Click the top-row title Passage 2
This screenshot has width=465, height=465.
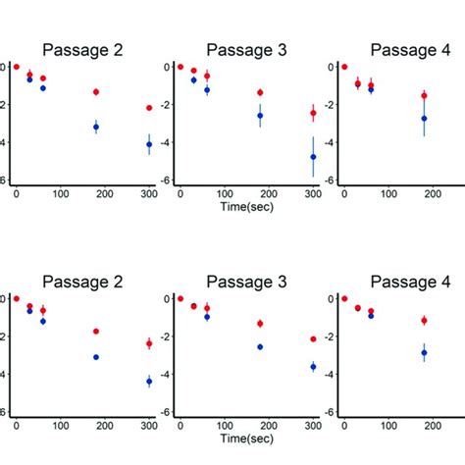point(81,50)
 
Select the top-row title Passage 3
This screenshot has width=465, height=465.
point(246,50)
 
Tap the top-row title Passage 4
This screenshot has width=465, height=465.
point(409,50)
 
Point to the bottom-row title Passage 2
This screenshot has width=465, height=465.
point(81,282)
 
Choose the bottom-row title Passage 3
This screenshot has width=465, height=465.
point(246,282)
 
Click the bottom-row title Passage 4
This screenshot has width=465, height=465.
point(409,282)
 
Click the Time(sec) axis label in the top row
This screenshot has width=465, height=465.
point(246,211)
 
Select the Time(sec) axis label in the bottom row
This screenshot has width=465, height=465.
point(246,442)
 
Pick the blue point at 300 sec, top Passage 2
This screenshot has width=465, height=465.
point(149,144)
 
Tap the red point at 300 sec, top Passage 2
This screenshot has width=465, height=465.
point(149,108)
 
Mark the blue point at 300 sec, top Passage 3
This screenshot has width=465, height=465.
point(313,157)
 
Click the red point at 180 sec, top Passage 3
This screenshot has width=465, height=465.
point(260,92)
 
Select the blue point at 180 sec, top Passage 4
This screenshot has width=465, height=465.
point(424,119)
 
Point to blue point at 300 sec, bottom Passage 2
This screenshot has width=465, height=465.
point(149,381)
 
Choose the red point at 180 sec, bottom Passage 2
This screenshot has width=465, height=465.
point(96,332)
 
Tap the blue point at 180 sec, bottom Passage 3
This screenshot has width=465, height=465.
point(260,346)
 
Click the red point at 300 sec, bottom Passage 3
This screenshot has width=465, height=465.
point(313,338)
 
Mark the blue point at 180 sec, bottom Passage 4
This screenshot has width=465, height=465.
point(424,352)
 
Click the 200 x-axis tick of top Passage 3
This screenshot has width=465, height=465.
point(269,195)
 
